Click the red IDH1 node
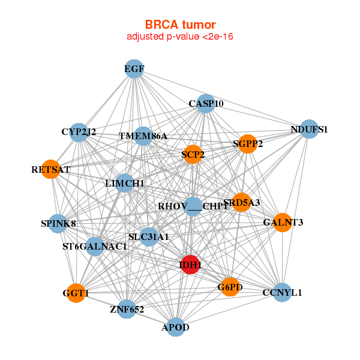pos(190,265)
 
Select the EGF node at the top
pos(134,69)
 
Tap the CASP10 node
pos(206,103)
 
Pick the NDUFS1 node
pos(308,129)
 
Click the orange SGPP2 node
pos(248,143)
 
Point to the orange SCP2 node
pos(193,155)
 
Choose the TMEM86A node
pos(143,136)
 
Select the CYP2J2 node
pos(79,132)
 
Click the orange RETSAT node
pos(51,170)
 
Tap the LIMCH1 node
pos(124,182)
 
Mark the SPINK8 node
pos(58,224)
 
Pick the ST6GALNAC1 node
pos(95,246)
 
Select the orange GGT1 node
pos(76,293)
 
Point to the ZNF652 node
pos(127,309)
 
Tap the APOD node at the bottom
pos(175,327)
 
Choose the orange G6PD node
pos(230,287)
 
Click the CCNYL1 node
pos(282,293)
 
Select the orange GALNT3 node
pos(283,223)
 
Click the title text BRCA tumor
pos(180,25)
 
